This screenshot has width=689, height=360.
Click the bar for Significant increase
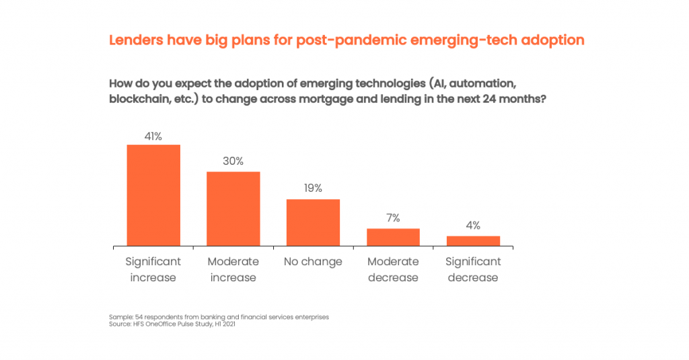click(x=153, y=195)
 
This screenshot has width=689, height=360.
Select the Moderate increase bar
click(x=233, y=209)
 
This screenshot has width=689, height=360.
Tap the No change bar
click(x=313, y=223)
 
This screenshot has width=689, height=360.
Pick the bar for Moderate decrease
click(x=393, y=237)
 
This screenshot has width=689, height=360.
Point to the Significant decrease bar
click(x=473, y=241)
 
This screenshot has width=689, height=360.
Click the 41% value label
click(x=153, y=136)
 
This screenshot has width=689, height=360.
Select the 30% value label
click(x=233, y=161)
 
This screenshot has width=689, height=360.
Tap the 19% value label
click(x=313, y=188)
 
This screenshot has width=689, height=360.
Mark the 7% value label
click(x=393, y=218)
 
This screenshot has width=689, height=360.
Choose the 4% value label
click(x=473, y=225)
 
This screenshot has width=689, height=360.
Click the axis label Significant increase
click(x=153, y=269)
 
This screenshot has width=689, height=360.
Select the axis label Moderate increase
click(x=233, y=269)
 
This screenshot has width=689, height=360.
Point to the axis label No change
click(x=313, y=262)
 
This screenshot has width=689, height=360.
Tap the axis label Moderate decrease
click(x=393, y=269)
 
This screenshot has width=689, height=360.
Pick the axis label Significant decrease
click(x=473, y=269)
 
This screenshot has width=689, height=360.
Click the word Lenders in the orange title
click(x=136, y=40)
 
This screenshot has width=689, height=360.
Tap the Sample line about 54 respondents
click(x=219, y=317)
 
